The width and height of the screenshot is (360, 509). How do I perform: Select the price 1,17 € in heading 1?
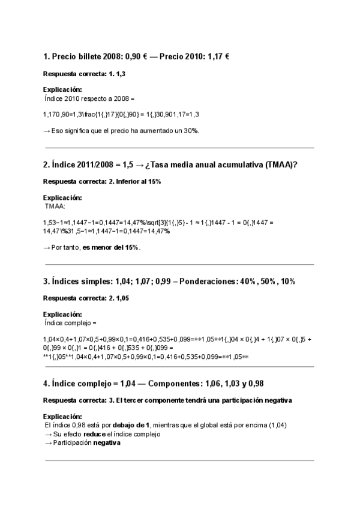point(218,56)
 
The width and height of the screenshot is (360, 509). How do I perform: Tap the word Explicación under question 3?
point(62,315)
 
